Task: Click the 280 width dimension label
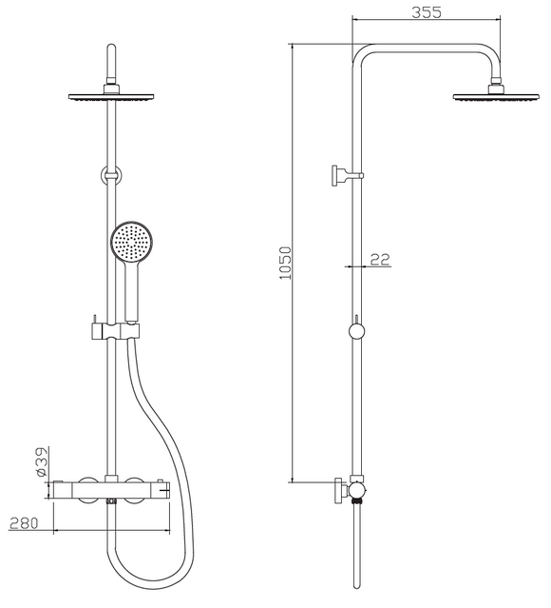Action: (24, 523)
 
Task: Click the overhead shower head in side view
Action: (494, 94)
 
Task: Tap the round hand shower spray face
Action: (130, 244)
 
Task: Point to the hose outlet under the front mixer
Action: (112, 501)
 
